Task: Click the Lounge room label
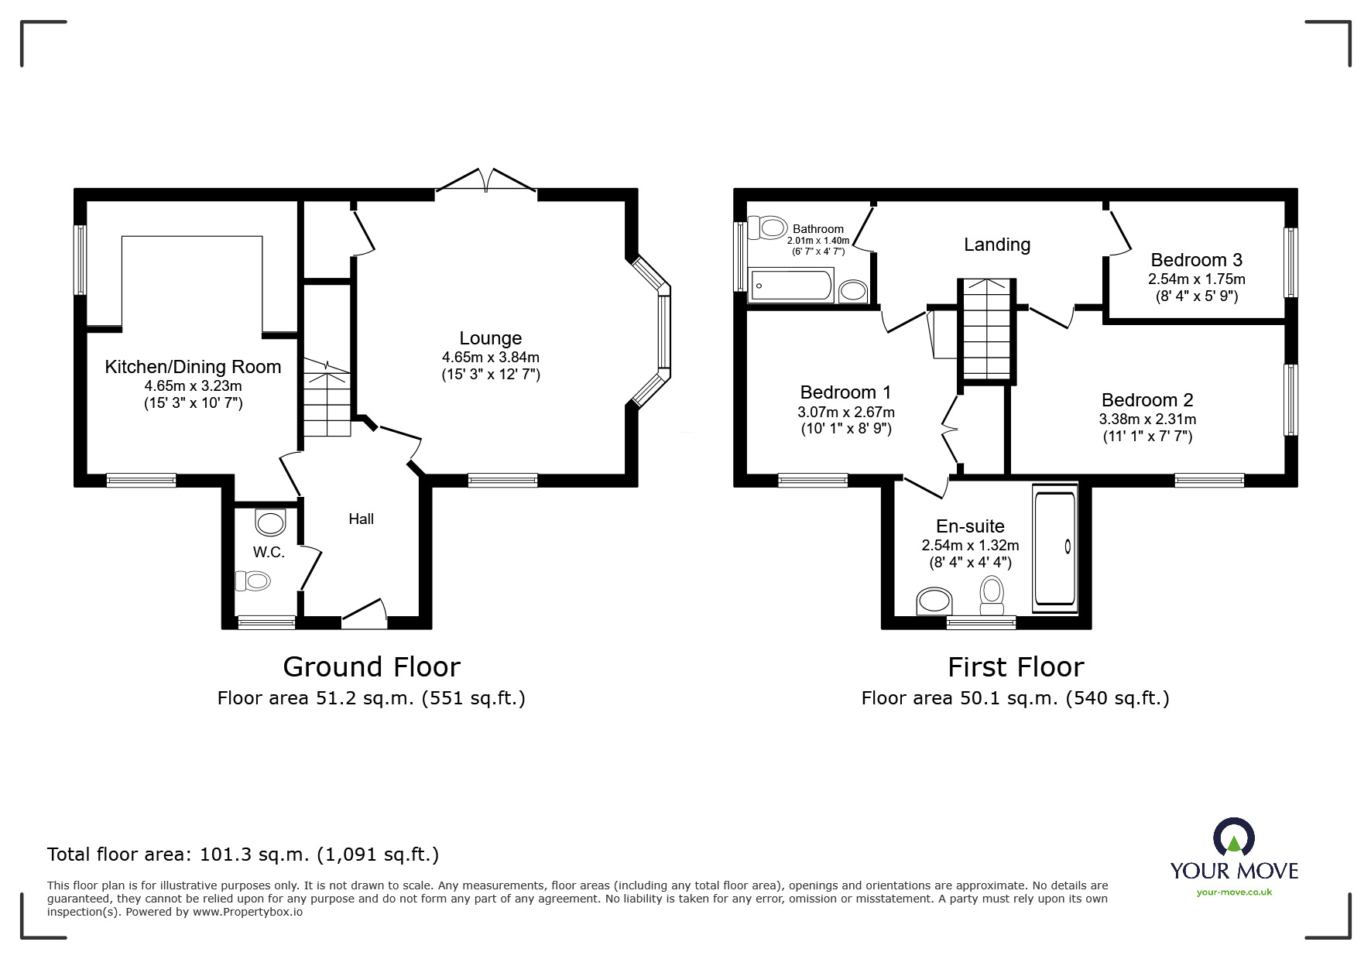[490, 338]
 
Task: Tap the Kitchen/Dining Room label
[193, 367]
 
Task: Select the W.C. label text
[269, 552]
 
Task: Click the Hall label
[361, 519]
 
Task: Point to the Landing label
[996, 245]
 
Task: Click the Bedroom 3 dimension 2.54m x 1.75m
[1196, 279]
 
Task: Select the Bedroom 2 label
[1146, 400]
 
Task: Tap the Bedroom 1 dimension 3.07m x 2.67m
[845, 412]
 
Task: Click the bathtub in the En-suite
[1054, 548]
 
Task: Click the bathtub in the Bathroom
[790, 286]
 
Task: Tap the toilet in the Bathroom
[771, 228]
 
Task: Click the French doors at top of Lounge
[486, 182]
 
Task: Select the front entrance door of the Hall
[364, 611]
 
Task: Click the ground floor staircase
[326, 398]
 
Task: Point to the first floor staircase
[986, 330]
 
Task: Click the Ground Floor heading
[372, 666]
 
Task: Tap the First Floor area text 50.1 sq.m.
[1015, 698]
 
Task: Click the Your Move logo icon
[1233, 837]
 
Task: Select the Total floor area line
[243, 855]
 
